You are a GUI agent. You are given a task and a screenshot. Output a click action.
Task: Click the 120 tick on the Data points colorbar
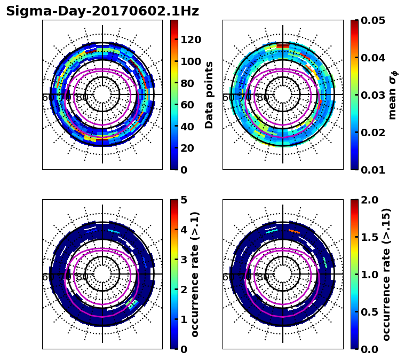coord(190,40)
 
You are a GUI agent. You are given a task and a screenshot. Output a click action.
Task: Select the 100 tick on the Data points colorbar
coord(190,61)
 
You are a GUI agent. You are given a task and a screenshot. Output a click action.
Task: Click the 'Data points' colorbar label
coord(209,95)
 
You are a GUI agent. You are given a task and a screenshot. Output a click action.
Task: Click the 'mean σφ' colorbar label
coord(393,95)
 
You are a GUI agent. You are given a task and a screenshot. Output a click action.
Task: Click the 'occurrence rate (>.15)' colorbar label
coord(387,274)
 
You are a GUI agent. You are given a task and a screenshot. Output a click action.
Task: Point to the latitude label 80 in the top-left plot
coord(82,98)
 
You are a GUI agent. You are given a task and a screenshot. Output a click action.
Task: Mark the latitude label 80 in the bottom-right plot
coord(263,277)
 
